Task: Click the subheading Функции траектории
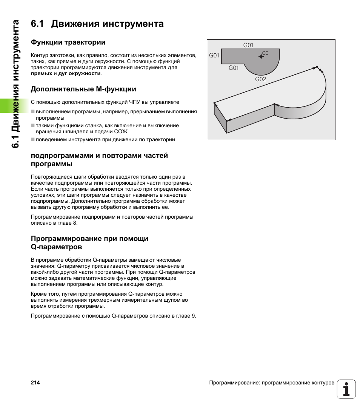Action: click(68, 42)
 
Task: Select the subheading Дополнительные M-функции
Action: click(83, 89)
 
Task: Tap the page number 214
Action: click(35, 383)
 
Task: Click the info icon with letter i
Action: click(346, 389)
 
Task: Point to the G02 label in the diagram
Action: click(260, 79)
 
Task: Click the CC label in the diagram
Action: click(265, 53)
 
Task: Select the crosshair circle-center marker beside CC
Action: click(261, 56)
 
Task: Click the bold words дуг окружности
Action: click(79, 73)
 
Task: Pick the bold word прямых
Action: click(42, 73)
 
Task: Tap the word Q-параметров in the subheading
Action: click(56, 247)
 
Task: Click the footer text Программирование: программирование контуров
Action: click(272, 383)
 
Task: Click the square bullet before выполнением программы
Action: click(33, 112)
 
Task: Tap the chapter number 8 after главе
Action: click(75, 223)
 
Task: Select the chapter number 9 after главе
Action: click(194, 316)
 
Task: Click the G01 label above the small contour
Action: click(248, 45)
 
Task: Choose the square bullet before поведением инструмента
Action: click(33, 139)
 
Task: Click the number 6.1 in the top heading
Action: click(38, 24)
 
